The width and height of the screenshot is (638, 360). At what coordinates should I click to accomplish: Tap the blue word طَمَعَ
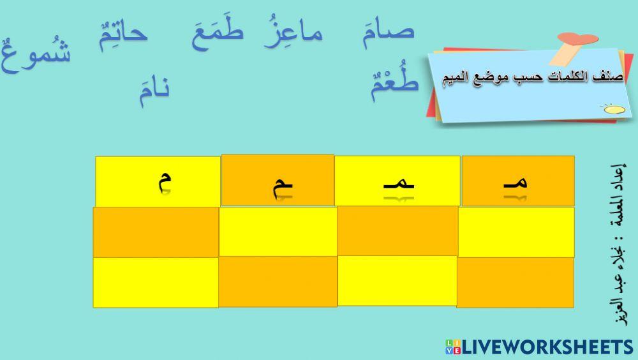(217, 33)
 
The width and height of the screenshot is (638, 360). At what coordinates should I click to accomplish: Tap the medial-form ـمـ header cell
(397, 181)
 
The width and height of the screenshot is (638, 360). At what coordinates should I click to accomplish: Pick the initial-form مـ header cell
(518, 181)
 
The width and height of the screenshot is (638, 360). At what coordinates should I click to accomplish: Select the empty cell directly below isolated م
(156, 232)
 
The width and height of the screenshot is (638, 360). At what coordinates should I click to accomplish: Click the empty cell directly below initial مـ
(516, 232)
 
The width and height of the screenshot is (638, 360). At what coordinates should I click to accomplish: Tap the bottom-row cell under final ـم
(278, 281)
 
